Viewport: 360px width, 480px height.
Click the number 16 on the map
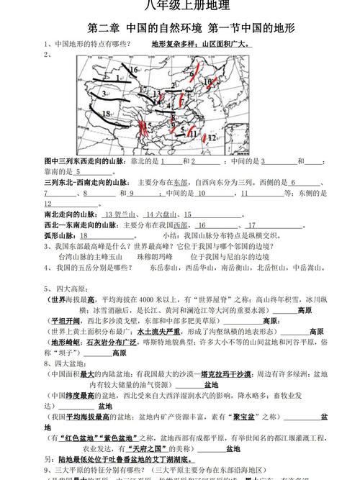[x=134, y=70]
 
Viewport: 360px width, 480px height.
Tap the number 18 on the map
[x=107, y=114]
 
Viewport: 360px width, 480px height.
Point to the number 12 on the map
[x=212, y=136]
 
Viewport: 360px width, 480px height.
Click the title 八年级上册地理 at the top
[x=180, y=6]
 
